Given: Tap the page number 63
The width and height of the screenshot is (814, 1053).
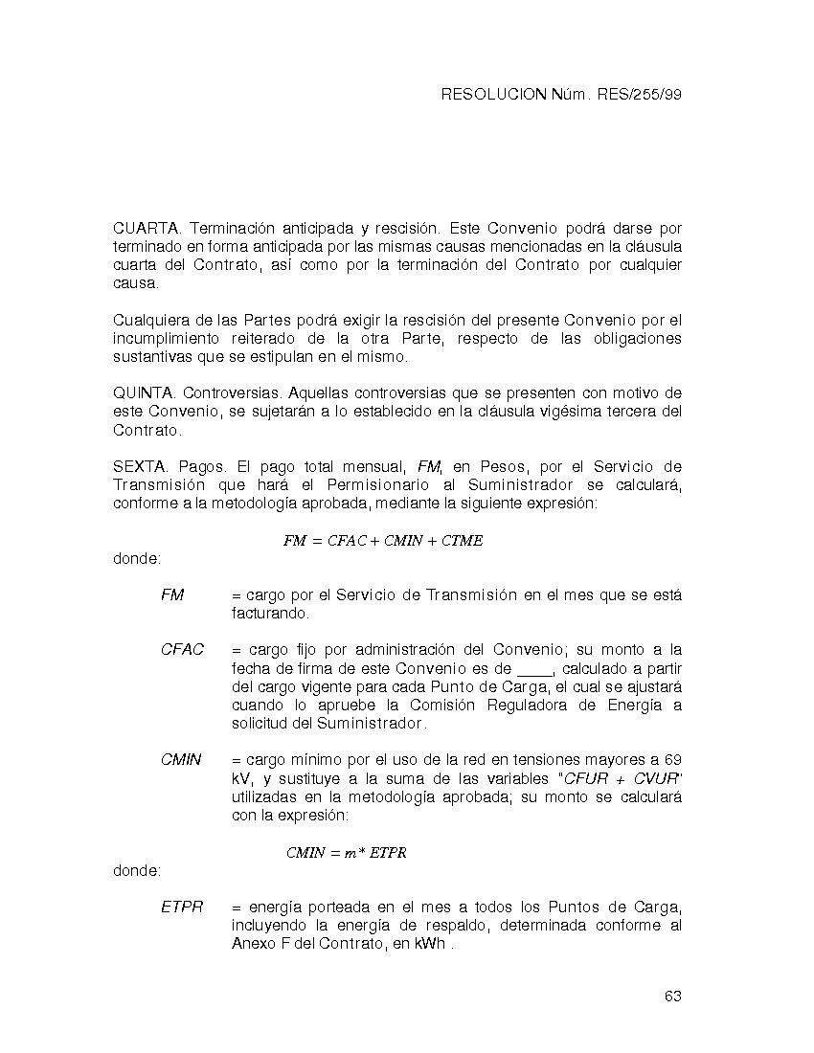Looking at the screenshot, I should (x=672, y=997).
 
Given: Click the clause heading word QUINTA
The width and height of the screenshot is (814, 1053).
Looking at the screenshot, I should (x=146, y=393).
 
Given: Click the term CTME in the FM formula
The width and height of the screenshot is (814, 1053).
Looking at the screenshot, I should (x=463, y=541).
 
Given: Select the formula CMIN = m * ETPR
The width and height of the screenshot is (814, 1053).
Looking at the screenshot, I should (x=346, y=853).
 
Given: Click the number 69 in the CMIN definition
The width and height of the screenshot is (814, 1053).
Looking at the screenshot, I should (x=672, y=760).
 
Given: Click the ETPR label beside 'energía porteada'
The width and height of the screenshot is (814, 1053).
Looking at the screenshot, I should (x=182, y=907).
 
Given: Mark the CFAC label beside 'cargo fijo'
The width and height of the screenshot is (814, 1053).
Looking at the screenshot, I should (x=182, y=650).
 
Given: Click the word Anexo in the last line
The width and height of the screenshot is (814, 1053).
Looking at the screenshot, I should (x=252, y=945).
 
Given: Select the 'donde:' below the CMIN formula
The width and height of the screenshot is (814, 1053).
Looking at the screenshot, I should (x=137, y=871).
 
